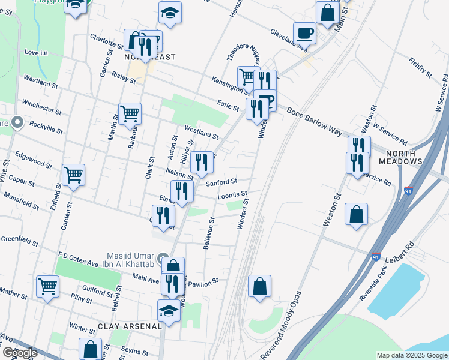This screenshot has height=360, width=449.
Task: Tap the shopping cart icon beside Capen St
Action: point(73,175)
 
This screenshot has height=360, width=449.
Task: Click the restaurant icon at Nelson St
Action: point(202,161)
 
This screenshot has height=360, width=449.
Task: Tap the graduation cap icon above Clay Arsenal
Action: point(169,310)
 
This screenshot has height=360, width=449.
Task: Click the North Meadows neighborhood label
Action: point(400,161)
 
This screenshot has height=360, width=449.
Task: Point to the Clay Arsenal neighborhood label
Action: point(130,326)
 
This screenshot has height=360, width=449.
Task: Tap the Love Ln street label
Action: point(35,53)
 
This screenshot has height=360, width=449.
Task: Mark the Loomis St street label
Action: point(233,195)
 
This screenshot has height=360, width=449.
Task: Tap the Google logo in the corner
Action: point(20,353)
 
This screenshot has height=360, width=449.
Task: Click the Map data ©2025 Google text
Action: point(412,355)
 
